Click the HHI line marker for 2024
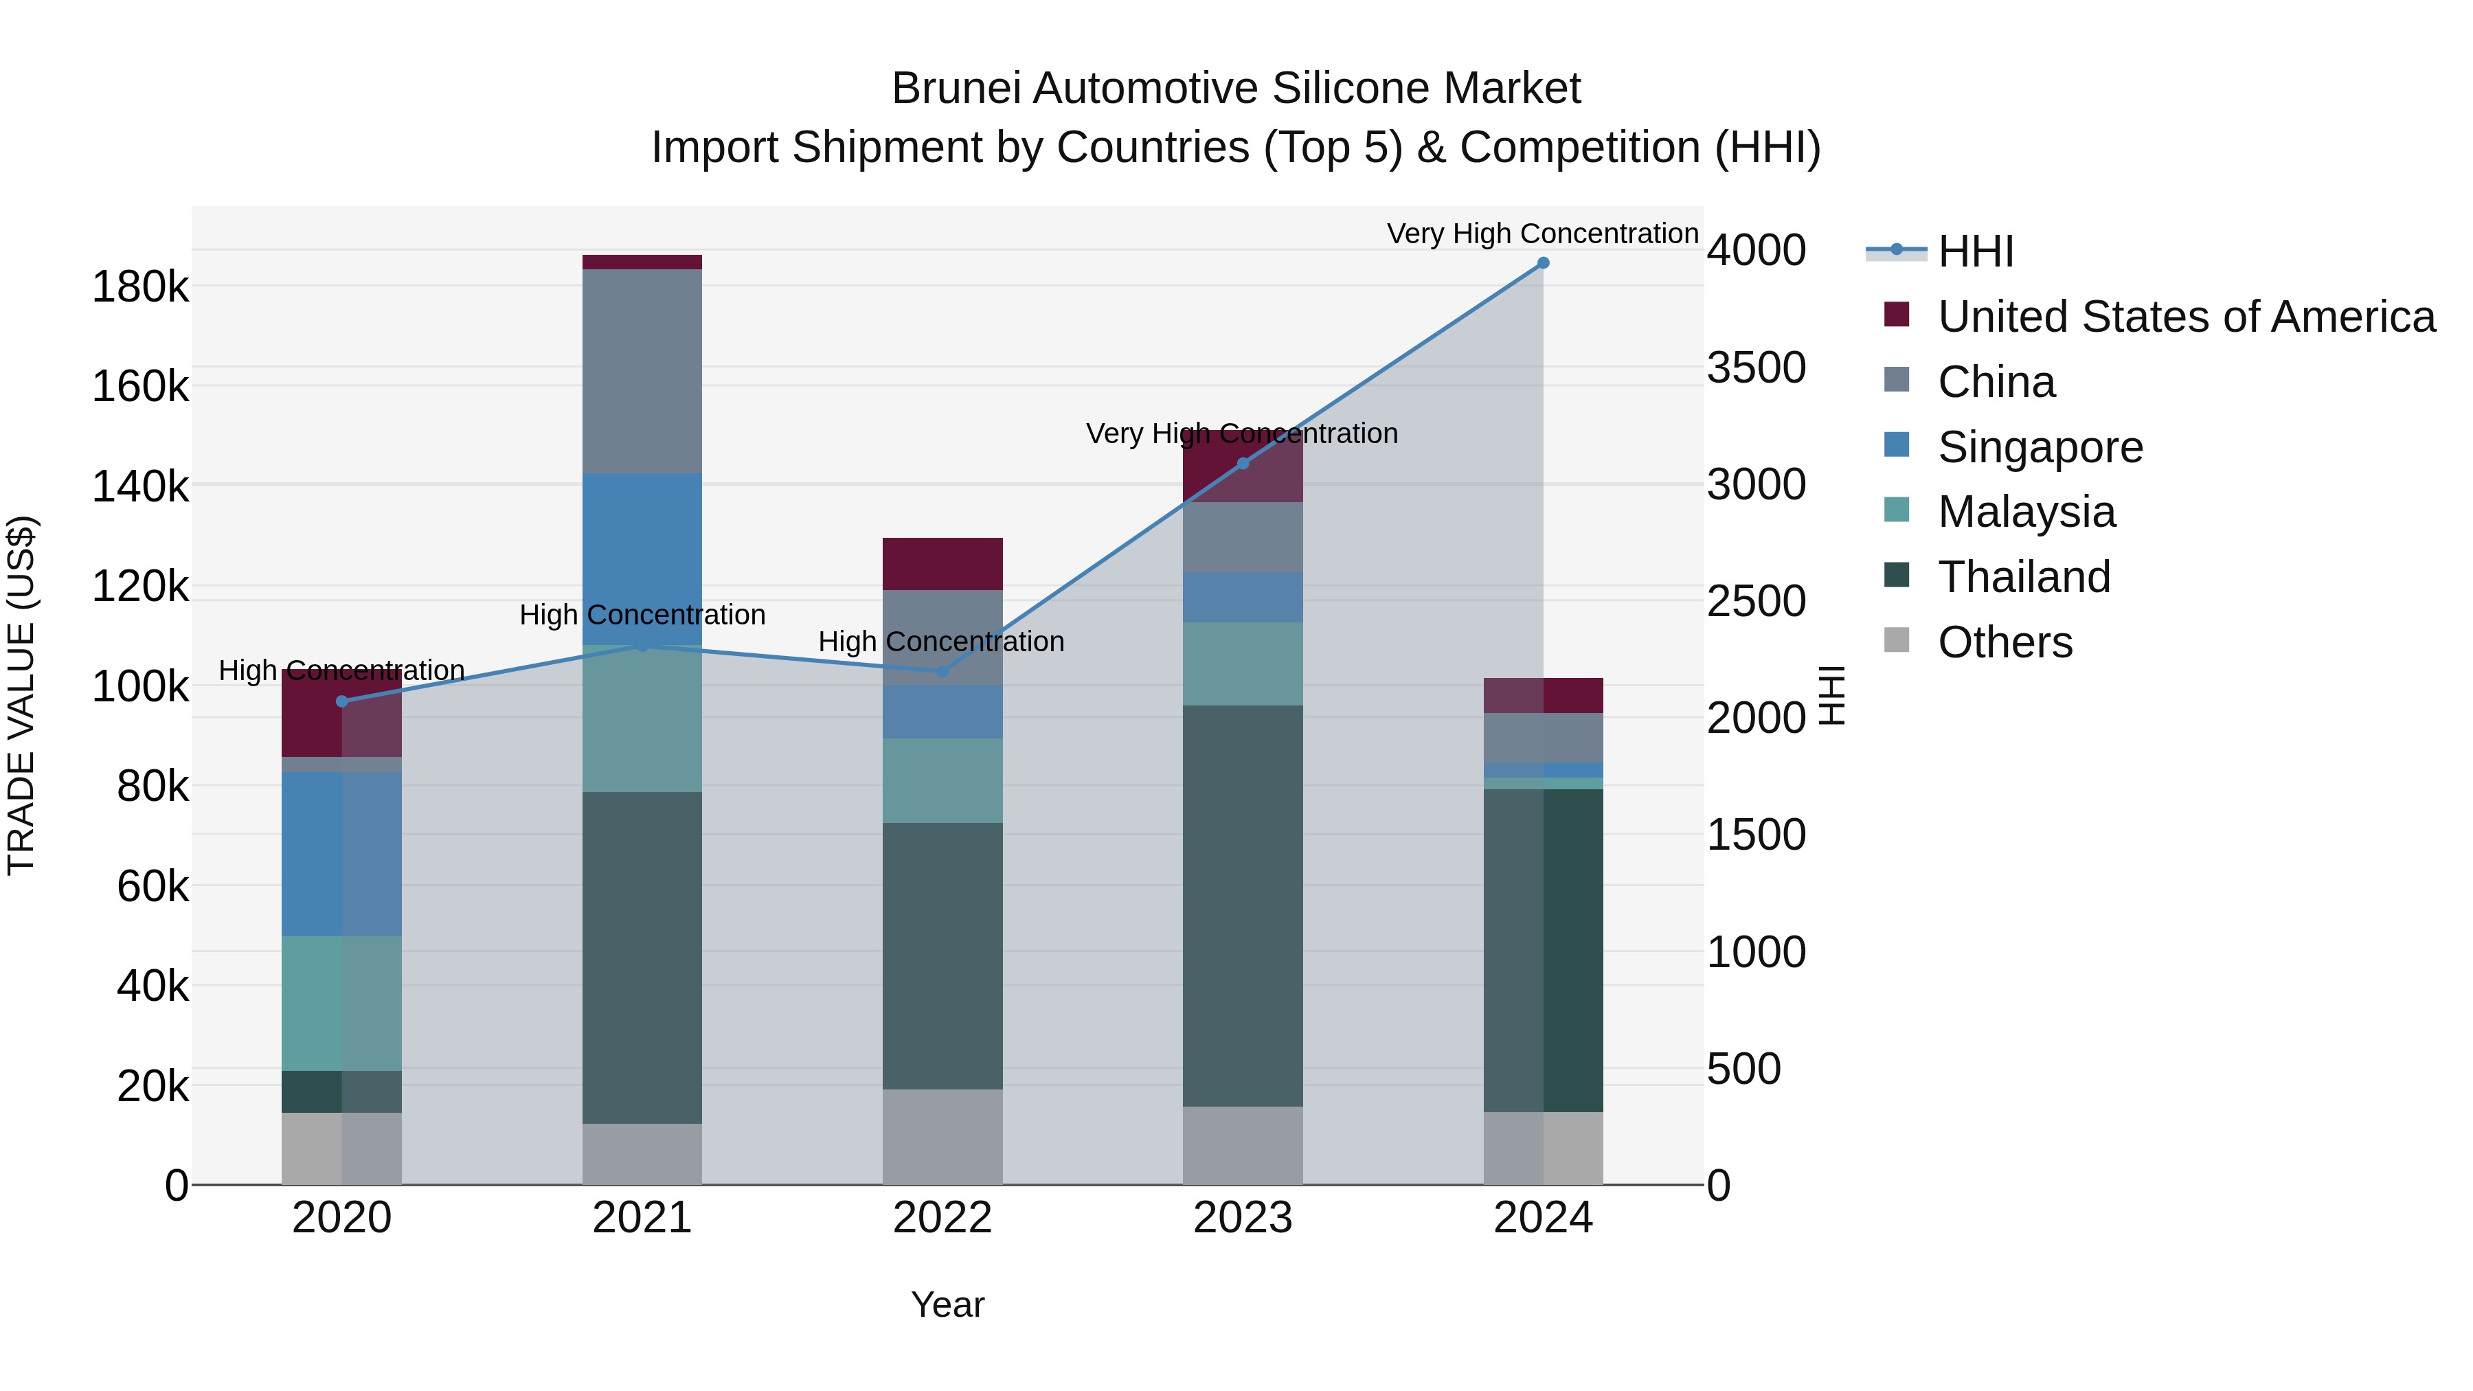tap(1543, 263)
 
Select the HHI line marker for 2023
tap(1242, 464)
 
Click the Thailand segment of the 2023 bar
tap(1242, 905)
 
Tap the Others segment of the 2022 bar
tap(942, 1137)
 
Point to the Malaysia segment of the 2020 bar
tap(342, 1003)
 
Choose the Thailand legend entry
tap(2023, 577)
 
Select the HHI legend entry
tap(1975, 251)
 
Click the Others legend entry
tap(2005, 642)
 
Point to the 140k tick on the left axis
tap(140, 487)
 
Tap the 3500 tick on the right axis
tap(1756, 367)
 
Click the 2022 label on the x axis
tap(942, 1218)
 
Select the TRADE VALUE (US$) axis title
tap(21, 695)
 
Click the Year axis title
tap(947, 1304)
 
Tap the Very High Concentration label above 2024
tap(1543, 234)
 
